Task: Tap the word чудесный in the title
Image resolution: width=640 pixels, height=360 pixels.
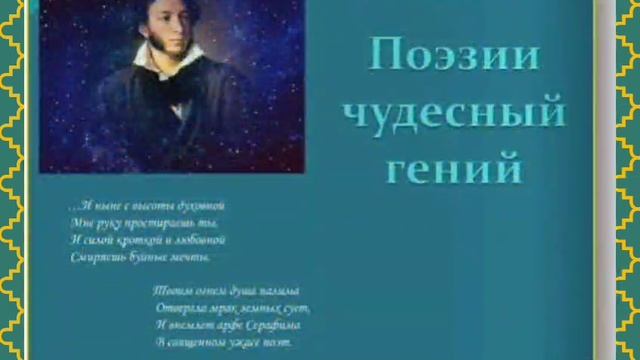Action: [453, 113]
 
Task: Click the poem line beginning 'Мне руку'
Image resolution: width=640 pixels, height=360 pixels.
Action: [144, 222]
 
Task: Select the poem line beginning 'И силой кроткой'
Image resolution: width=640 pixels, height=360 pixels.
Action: [148, 240]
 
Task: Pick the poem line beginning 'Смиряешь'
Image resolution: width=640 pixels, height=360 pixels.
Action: [141, 258]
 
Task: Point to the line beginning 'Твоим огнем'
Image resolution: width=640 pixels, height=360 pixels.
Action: [225, 290]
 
